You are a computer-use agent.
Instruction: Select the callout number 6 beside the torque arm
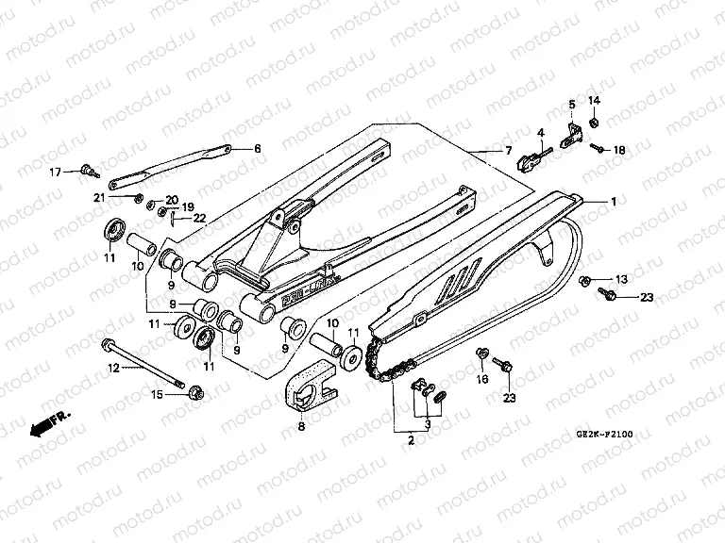[x=258, y=149]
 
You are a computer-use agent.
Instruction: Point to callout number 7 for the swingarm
[x=507, y=151]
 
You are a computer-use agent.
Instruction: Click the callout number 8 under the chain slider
[x=300, y=427]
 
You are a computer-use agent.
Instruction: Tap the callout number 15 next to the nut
[x=157, y=394]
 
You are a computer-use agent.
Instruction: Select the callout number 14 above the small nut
[x=594, y=101]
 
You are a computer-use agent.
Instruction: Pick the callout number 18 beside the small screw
[x=619, y=150]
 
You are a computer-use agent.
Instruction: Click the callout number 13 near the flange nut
[x=620, y=279]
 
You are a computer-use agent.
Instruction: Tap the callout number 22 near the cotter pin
[x=199, y=218]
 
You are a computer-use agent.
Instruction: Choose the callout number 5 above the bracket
[x=571, y=103]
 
